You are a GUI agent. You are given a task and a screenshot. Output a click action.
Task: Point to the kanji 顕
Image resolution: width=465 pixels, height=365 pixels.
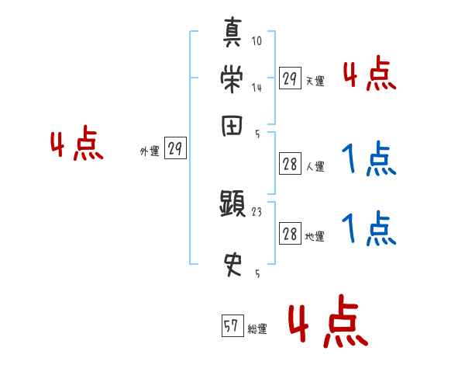[232, 205]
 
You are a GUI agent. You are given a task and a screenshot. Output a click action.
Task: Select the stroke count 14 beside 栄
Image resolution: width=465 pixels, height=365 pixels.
[257, 88]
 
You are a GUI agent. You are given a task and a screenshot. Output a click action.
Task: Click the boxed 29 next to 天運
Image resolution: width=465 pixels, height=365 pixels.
[290, 78]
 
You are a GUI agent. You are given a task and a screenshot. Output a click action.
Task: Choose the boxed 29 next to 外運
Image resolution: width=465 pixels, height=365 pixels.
[176, 150]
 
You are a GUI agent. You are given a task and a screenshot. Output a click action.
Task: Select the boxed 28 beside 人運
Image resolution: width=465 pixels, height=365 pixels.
[290, 165]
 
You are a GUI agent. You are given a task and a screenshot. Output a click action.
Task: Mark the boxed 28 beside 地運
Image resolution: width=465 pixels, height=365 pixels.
[290, 235]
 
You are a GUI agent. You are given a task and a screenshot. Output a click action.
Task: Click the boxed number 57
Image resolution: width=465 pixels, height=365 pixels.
[231, 327]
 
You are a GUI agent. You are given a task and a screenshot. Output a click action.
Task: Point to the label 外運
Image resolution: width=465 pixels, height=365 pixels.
[150, 152]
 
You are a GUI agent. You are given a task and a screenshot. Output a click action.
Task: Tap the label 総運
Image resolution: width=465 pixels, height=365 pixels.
[257, 329]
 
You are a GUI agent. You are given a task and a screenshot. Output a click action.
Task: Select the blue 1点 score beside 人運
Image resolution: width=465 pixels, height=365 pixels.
[369, 161]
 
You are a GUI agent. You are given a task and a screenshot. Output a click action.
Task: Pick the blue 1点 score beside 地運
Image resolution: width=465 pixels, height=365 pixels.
[369, 228]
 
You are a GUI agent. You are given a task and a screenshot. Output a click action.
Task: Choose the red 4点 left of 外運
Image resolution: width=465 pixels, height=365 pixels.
[76, 146]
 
